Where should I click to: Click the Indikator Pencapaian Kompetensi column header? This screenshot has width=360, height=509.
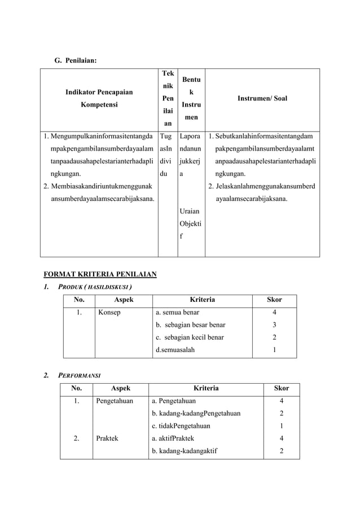[x=99, y=98]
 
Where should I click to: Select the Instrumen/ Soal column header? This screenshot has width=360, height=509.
[x=262, y=98]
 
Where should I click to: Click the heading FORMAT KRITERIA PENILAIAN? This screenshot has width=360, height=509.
[x=100, y=275]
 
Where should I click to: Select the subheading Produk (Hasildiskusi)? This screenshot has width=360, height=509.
[x=96, y=287]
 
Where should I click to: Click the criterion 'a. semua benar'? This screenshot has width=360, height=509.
[x=177, y=311]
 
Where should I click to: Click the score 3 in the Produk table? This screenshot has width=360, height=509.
[x=274, y=324]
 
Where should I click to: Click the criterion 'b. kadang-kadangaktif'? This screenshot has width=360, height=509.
[x=186, y=450]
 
